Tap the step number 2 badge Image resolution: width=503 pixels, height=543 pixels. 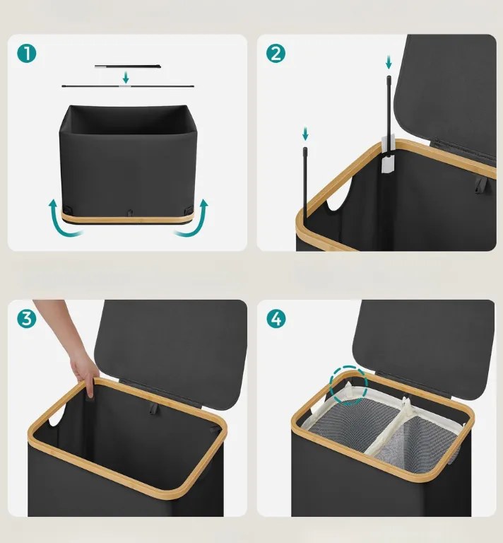(276, 53)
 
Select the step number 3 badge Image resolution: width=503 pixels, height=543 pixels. (27, 318)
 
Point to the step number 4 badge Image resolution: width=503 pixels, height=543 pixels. (276, 318)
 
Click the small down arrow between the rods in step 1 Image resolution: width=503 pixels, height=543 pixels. (126, 78)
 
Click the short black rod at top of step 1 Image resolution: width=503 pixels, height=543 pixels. (127, 66)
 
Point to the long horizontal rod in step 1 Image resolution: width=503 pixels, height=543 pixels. (128, 86)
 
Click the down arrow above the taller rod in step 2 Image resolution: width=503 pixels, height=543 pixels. (389, 63)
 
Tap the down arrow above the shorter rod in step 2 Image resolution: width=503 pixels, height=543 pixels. (305, 134)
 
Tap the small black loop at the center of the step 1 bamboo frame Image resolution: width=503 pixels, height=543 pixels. (130, 211)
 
